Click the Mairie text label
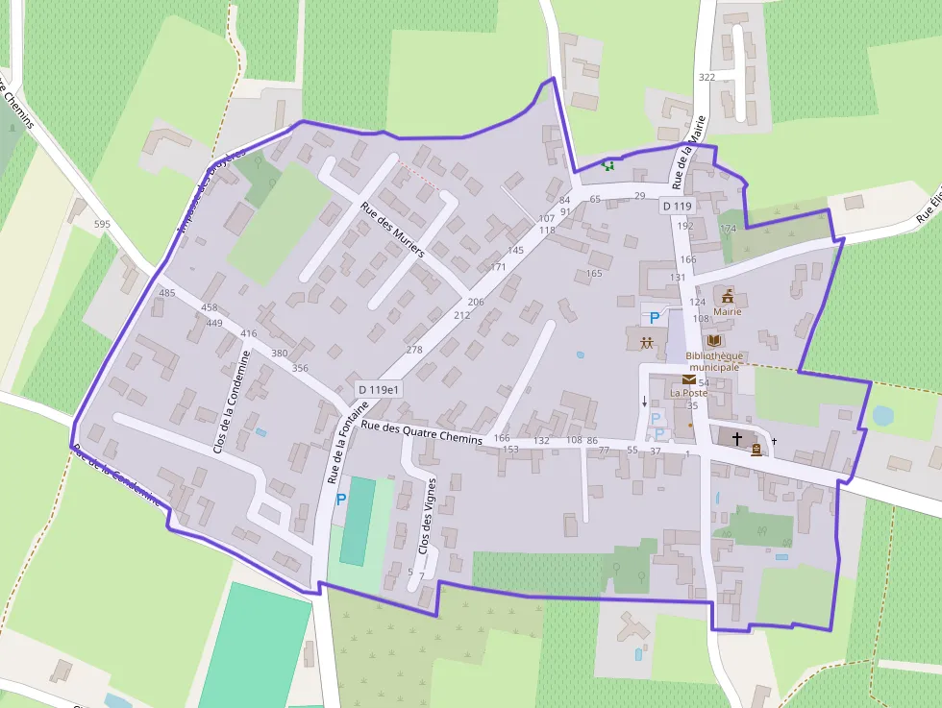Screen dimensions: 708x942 click(728, 311)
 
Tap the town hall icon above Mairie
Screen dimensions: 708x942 click(728, 296)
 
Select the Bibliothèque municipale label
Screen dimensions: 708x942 click(713, 361)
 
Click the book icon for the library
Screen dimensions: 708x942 click(713, 341)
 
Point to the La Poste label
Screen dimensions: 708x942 click(688, 393)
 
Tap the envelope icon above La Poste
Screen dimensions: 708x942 click(689, 379)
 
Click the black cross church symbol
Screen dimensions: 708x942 click(737, 438)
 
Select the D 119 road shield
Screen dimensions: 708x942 click(677, 207)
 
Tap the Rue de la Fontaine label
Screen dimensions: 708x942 click(344, 443)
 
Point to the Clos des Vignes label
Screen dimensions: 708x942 click(426, 515)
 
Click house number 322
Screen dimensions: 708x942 click(707, 77)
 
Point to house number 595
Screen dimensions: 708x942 click(103, 225)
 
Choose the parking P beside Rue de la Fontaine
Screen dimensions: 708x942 click(340, 500)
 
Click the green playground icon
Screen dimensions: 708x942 click(607, 165)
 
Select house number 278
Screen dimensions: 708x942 click(414, 350)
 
